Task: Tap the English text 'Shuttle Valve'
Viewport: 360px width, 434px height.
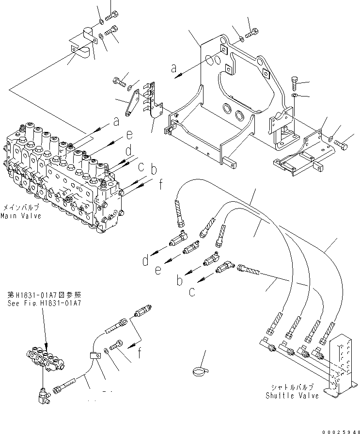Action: coord(292,396)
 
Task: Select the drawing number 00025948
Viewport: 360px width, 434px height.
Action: coord(338,430)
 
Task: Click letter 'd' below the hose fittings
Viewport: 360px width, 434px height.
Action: coord(145,262)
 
